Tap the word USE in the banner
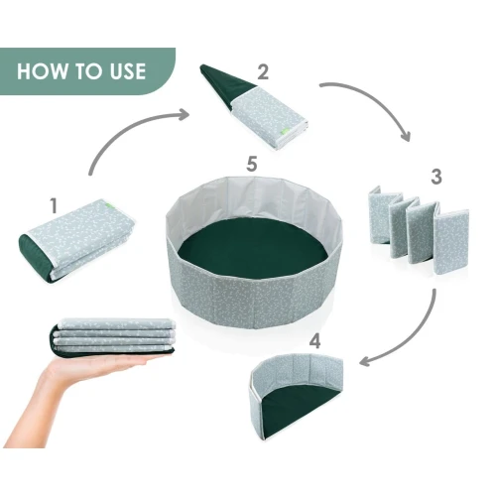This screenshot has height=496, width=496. [x=128, y=71]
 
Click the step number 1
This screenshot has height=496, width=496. [x=54, y=205]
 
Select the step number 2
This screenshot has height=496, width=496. [x=263, y=71]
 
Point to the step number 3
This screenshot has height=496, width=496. [x=436, y=177]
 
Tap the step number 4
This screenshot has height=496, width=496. [x=315, y=341]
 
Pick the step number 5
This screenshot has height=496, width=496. [x=252, y=164]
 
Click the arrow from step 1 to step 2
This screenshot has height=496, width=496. [x=127, y=127]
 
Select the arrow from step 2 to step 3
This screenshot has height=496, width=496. [x=377, y=99]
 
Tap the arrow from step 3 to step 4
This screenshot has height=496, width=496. [x=415, y=340]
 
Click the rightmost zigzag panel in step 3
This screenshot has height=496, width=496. [x=451, y=242]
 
